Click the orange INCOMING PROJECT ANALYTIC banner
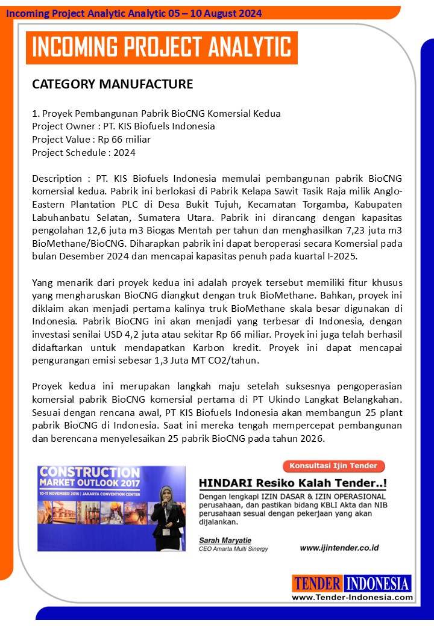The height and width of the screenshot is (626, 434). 161,48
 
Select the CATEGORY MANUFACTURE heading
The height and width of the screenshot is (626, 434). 112,84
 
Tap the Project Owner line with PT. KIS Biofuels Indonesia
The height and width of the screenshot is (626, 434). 124,126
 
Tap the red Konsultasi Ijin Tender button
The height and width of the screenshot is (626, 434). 333,466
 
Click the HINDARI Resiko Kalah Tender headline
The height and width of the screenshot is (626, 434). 293,483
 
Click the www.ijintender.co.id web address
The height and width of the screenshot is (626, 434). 339,548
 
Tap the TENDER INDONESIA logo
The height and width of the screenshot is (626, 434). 351,583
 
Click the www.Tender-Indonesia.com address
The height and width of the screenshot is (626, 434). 352,597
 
